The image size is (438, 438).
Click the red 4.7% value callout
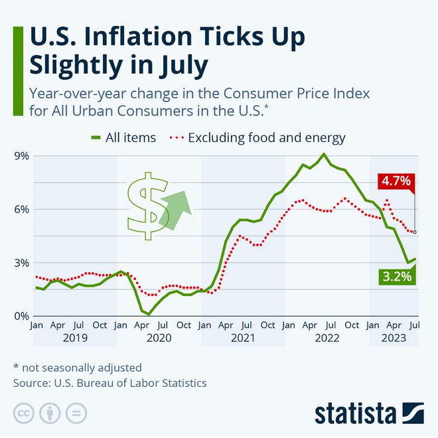tap(396, 181)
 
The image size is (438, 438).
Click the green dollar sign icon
tap(148, 206)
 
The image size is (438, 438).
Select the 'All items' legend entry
tap(123, 138)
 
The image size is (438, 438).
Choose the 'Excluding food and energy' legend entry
tap(259, 138)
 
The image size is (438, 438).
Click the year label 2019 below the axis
tap(74, 338)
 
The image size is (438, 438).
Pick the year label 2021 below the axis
tap(243, 338)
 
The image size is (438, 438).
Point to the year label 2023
tap(394, 338)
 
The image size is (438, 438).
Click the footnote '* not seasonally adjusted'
tap(78, 367)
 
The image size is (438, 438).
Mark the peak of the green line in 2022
tap(323, 154)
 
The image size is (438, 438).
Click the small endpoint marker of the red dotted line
tap(415, 232)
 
